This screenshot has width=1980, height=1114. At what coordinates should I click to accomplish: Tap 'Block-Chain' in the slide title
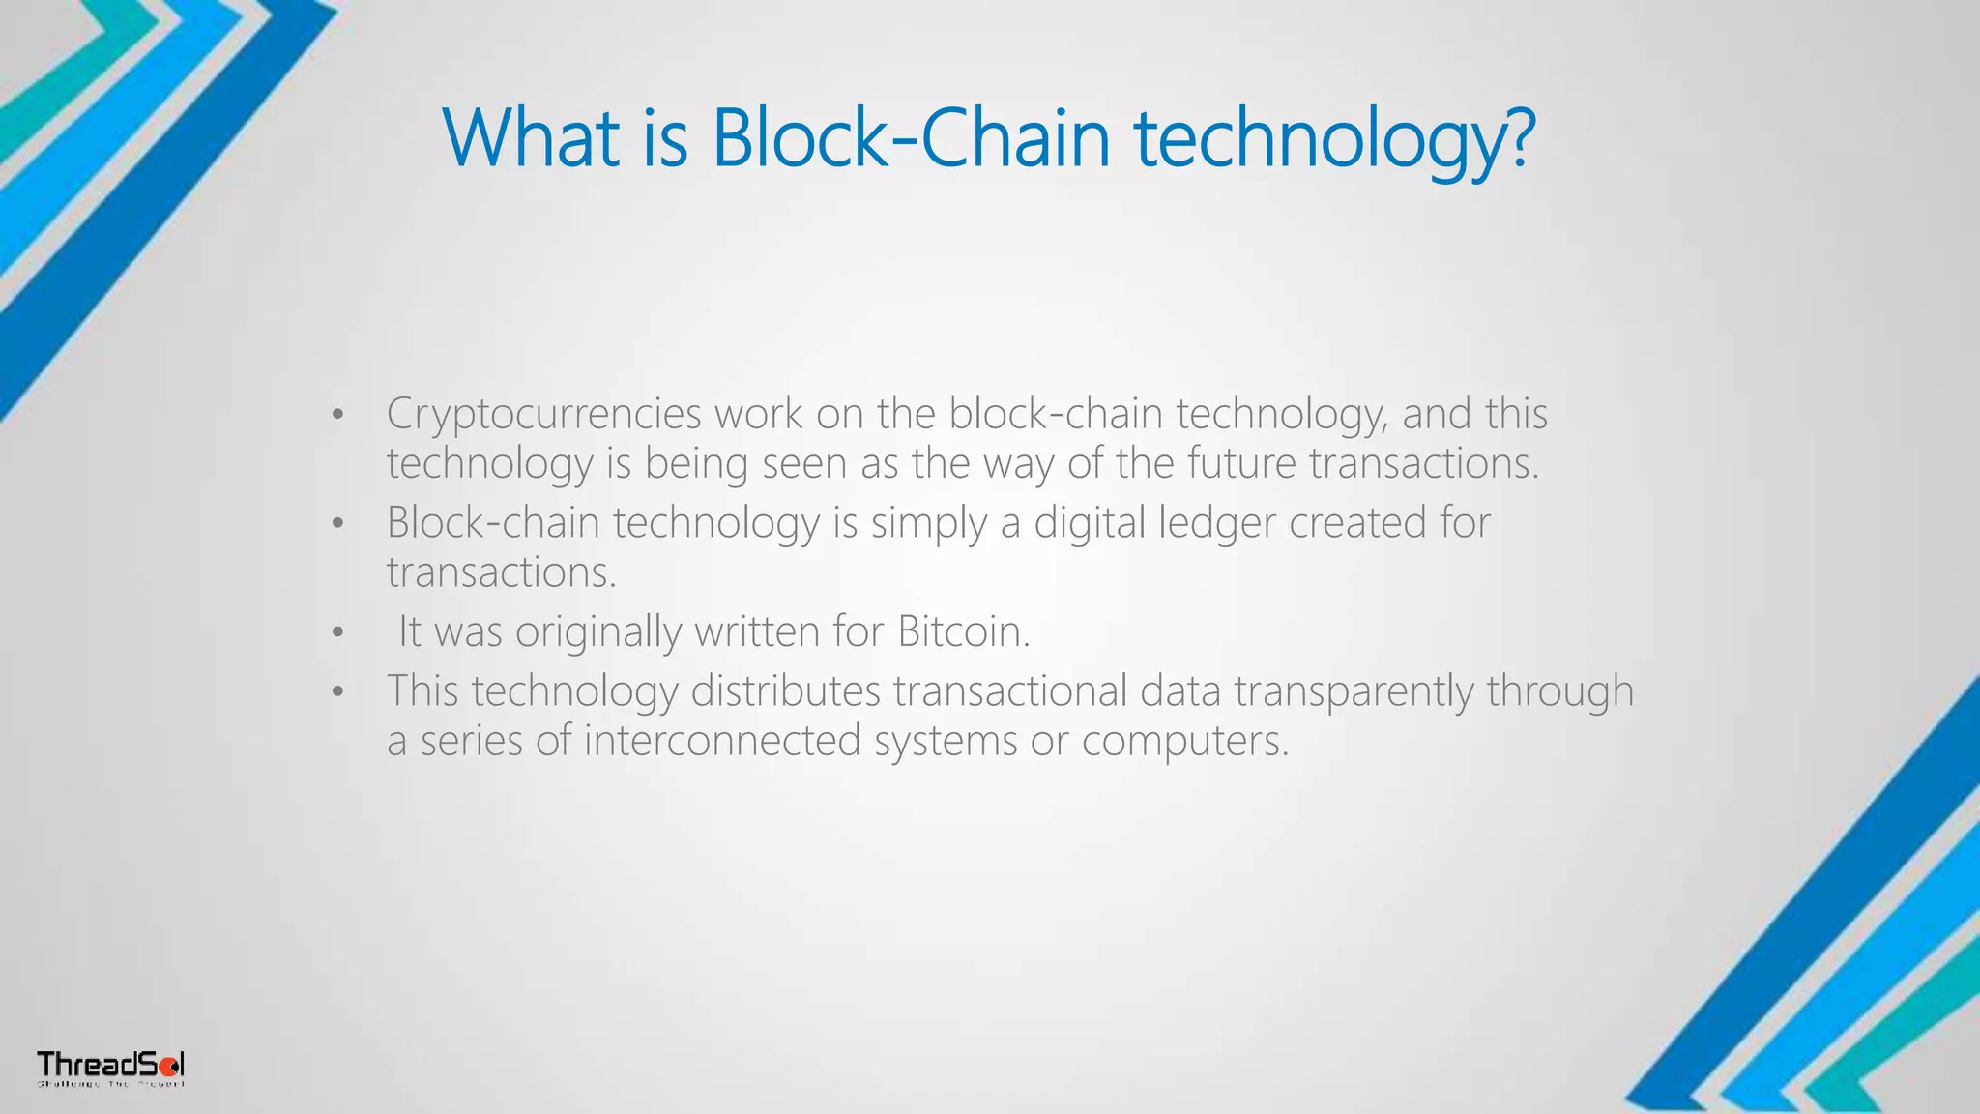910,138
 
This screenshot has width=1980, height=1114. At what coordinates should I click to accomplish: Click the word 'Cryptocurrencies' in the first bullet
543,414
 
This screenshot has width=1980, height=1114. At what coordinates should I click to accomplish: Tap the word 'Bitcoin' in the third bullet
963,631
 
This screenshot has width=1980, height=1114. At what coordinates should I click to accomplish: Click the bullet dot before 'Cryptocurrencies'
336,416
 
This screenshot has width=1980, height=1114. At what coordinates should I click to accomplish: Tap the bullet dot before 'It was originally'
336,633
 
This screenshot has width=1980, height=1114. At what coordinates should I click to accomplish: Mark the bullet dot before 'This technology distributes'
336,692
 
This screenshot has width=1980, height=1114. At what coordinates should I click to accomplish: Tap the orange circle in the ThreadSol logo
167,1067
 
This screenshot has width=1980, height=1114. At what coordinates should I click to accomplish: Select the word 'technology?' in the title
1334,138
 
